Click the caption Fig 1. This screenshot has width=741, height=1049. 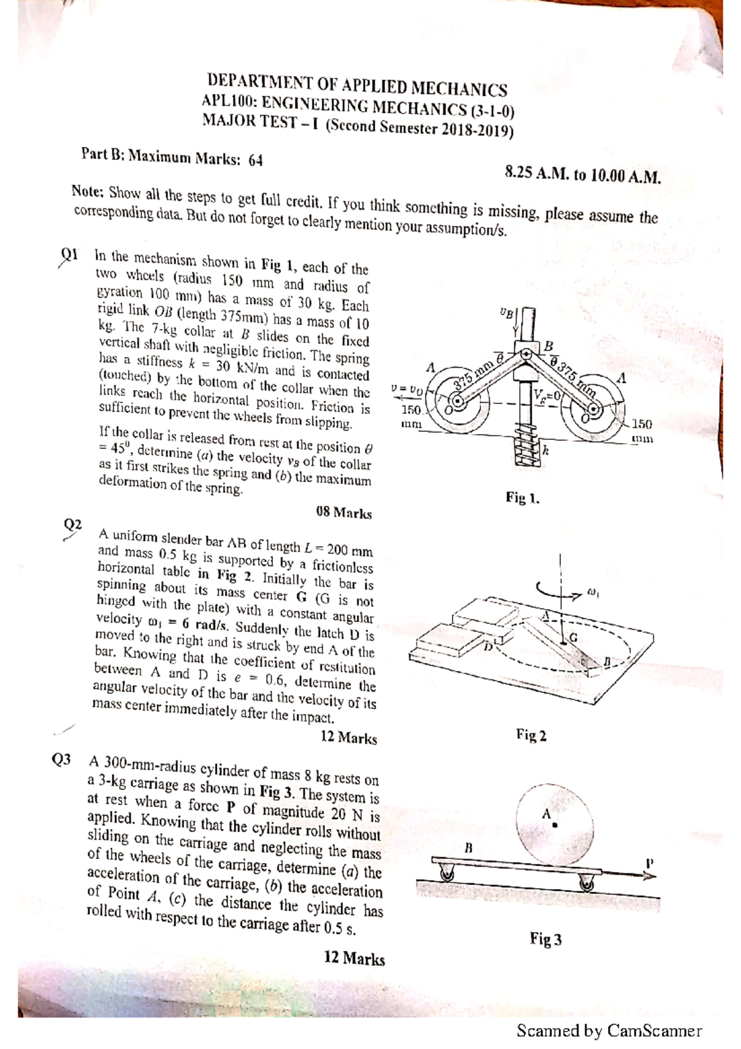pos(522,497)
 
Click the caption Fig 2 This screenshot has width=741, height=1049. pos(531,735)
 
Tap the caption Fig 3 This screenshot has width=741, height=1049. pos(545,940)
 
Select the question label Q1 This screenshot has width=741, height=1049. pos(69,254)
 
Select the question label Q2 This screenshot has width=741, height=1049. pos(73,525)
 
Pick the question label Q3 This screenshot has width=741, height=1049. pos(62,760)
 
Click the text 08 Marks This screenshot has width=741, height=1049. pos(343,513)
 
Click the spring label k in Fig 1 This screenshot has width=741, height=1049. pos(545,451)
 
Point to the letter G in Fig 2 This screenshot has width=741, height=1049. pos(573,637)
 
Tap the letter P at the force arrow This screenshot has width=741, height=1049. pos(649,862)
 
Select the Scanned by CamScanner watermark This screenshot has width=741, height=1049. pos(609,1030)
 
